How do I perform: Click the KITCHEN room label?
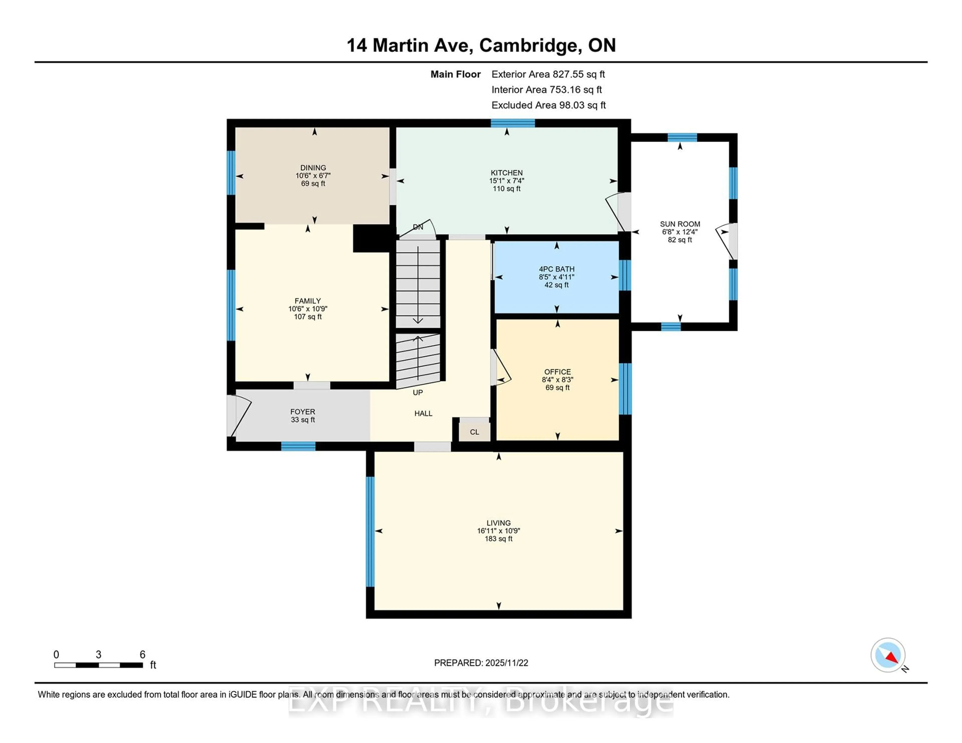[x=507, y=172]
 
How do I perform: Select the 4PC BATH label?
[x=556, y=269]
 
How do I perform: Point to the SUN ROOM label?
[x=680, y=224]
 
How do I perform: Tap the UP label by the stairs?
[x=418, y=393]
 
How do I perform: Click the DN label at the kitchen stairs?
[x=418, y=227]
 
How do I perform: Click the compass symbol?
[x=888, y=655]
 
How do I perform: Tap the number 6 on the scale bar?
[x=142, y=655]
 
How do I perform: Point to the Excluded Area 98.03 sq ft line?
[x=548, y=105]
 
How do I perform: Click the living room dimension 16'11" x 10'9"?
[x=498, y=531]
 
